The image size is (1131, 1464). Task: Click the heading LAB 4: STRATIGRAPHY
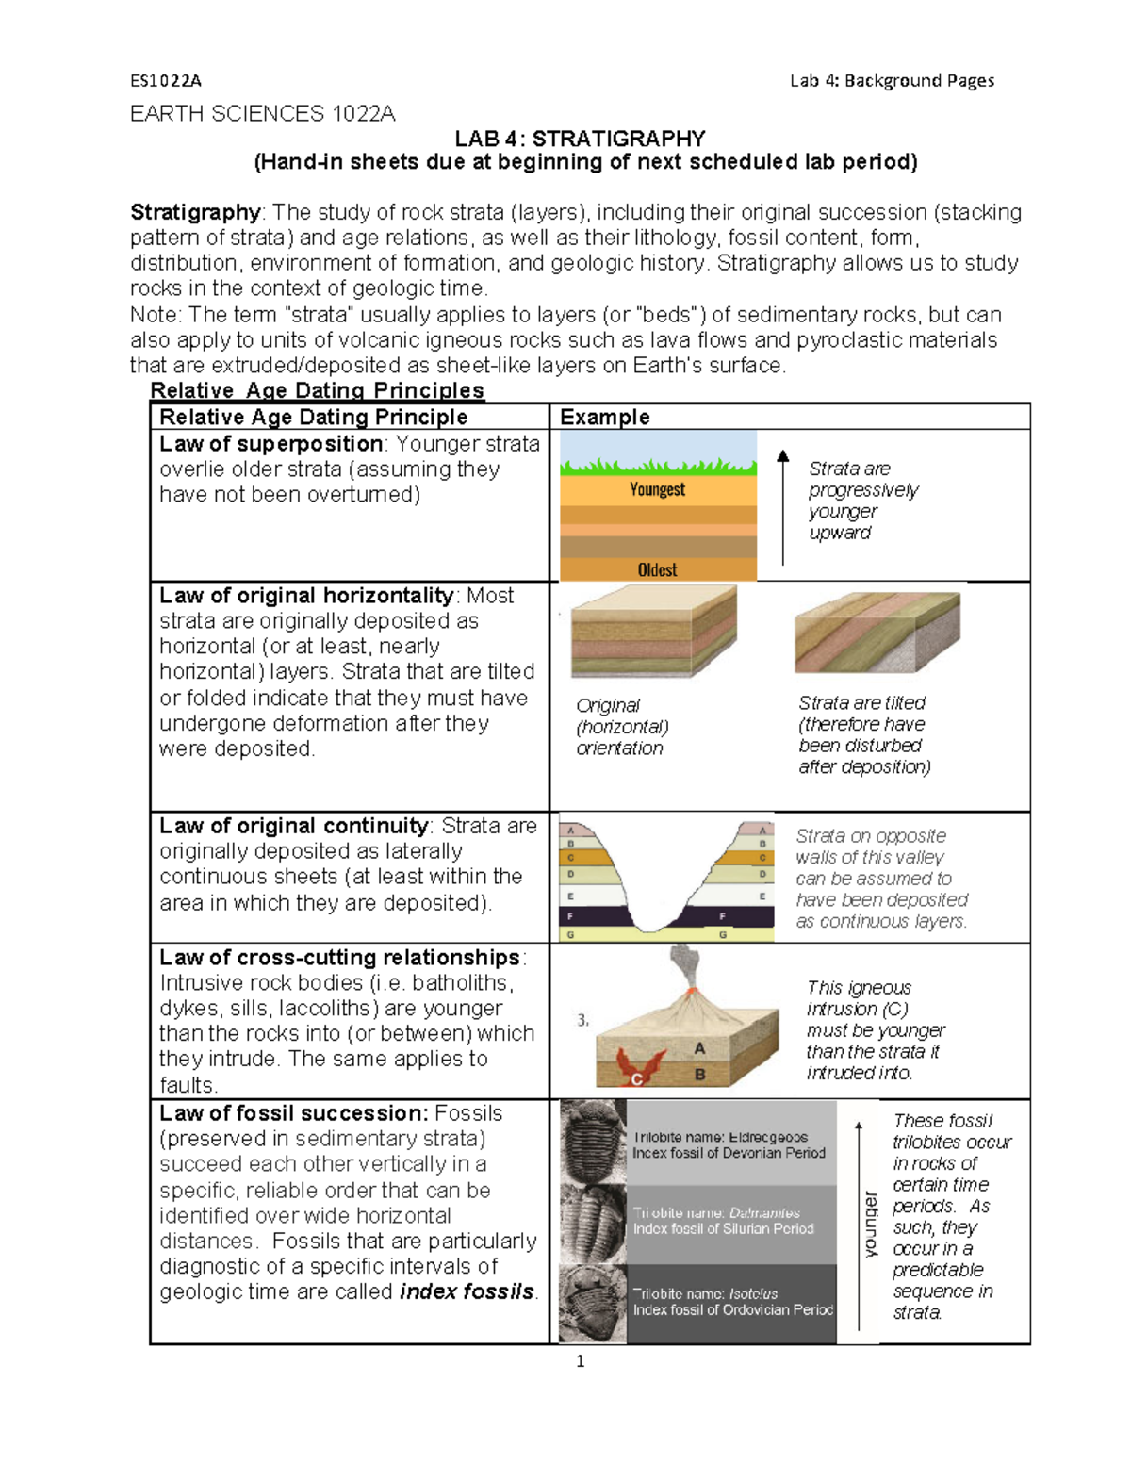coord(580,139)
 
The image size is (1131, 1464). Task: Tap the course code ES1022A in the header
coord(166,81)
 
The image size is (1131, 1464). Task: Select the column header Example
coord(604,417)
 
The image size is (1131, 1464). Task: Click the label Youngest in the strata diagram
coord(657,489)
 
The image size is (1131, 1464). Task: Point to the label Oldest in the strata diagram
coord(657,569)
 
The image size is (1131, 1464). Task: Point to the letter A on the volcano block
coord(699,1048)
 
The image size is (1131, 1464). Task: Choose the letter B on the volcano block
coord(699,1074)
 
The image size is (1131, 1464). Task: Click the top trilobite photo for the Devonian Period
coord(593,1141)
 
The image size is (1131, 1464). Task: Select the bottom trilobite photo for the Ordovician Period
coord(593,1304)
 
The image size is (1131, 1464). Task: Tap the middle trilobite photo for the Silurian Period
coord(593,1223)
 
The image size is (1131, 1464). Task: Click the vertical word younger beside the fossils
coord(870,1224)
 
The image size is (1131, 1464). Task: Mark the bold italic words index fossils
coord(467,1291)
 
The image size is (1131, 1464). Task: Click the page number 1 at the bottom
coord(580,1360)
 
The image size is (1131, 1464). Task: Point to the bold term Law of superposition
coord(270,444)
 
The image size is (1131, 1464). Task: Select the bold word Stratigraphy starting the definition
coord(195,212)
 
